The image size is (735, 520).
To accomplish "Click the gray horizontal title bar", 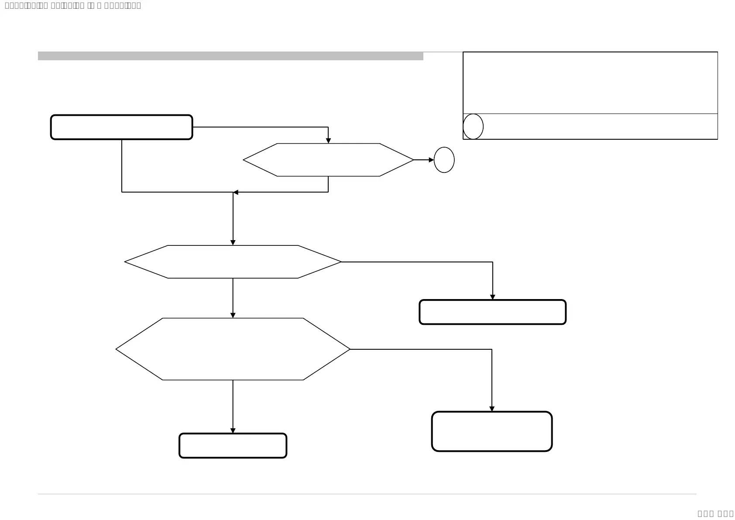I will pyautogui.click(x=230, y=56).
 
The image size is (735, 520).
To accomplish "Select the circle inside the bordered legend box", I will pyautogui.click(x=473, y=127).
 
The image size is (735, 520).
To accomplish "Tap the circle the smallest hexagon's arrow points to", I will pyautogui.click(x=444, y=160).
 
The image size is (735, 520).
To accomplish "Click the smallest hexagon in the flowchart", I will pyautogui.click(x=328, y=160).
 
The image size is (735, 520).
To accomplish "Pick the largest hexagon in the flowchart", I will pyautogui.click(x=233, y=349).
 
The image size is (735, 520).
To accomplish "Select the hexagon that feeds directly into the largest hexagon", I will pyautogui.click(x=233, y=262).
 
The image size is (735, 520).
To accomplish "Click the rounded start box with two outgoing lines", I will pyautogui.click(x=121, y=127).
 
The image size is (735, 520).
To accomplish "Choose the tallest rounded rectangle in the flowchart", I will pyautogui.click(x=492, y=431).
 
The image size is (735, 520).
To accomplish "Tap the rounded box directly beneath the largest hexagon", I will pyautogui.click(x=233, y=445).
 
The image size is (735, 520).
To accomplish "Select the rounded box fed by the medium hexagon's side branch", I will pyautogui.click(x=492, y=312).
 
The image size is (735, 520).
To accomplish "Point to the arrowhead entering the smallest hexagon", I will pyautogui.click(x=328, y=141).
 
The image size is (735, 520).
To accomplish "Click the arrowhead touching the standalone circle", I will pyautogui.click(x=431, y=160).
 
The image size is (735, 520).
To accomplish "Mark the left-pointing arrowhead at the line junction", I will pyautogui.click(x=236, y=192).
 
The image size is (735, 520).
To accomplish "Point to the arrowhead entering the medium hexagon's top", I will pyautogui.click(x=233, y=242).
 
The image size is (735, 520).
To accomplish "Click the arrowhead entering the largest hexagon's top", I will pyautogui.click(x=233, y=315).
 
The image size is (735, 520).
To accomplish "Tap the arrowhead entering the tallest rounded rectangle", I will pyautogui.click(x=492, y=409).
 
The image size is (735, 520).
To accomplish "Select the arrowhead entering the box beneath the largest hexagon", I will pyautogui.click(x=233, y=430).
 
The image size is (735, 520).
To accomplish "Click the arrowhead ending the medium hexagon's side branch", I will pyautogui.click(x=492, y=297).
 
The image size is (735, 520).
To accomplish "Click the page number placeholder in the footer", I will pyautogui.click(x=715, y=513).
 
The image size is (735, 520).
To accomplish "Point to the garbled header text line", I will pyautogui.click(x=72, y=6).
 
